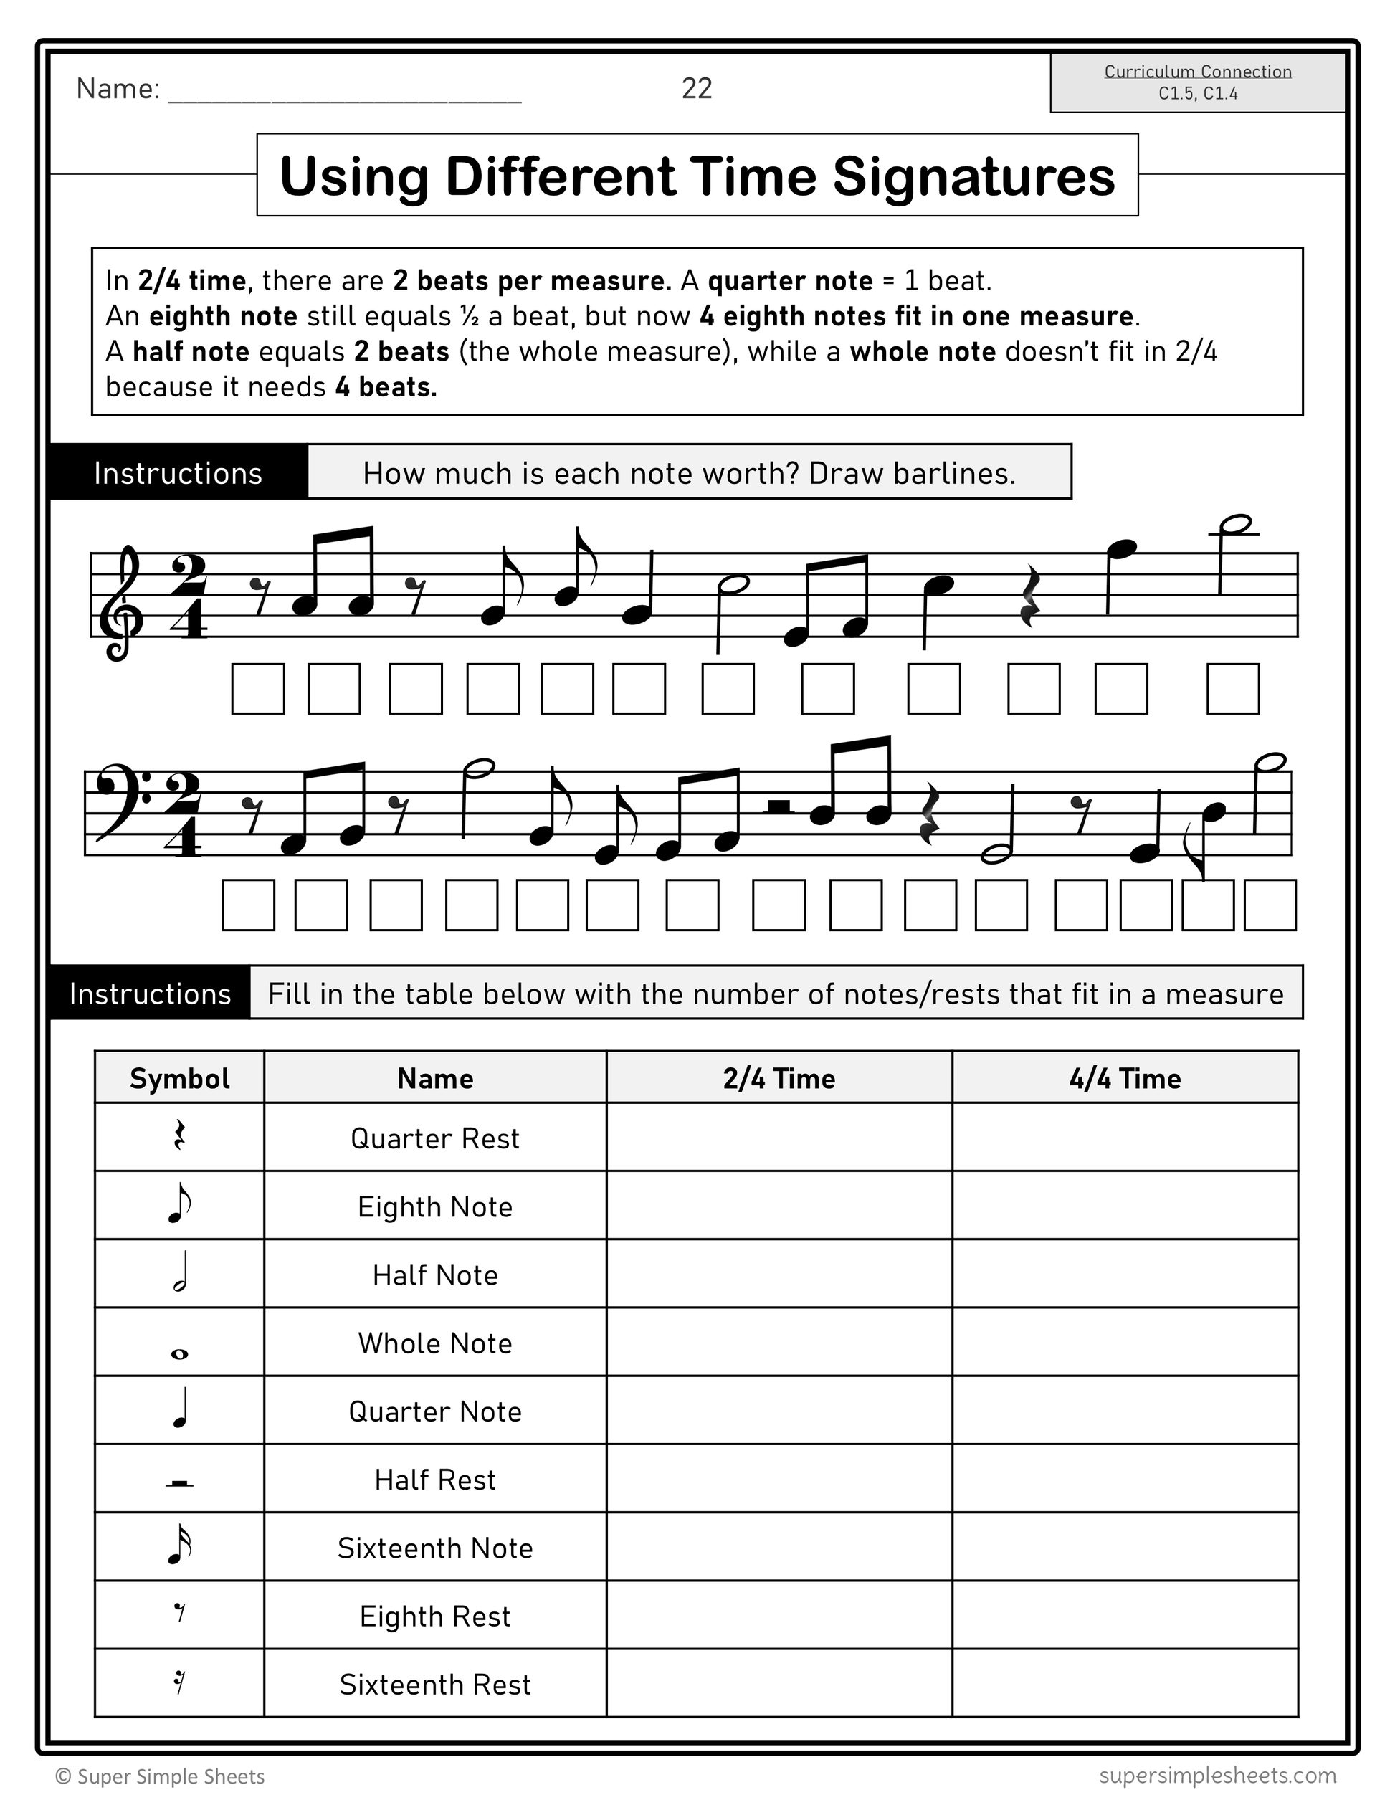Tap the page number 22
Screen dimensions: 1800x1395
pos(696,88)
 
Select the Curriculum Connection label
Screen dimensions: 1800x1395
pos(1197,72)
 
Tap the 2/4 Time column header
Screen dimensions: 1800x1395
pos(779,1078)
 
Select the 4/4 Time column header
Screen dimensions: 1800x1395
pos(1125,1078)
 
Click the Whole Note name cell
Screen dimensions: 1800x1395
pos(435,1343)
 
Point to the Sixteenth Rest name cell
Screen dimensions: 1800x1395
pos(435,1685)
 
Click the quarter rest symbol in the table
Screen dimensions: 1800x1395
pos(180,1138)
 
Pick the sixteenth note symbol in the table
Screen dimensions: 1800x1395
pos(180,1547)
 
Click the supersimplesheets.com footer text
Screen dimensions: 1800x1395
pos(1217,1774)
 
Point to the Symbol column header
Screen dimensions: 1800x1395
pos(180,1078)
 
